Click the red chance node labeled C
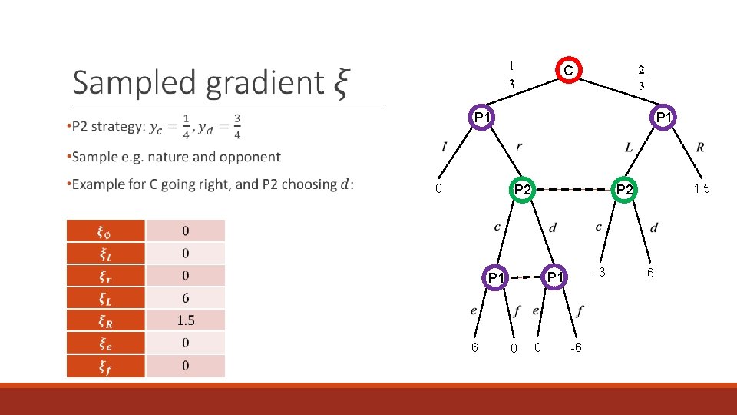click(567, 71)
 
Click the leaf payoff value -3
click(603, 273)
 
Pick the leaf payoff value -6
click(576, 348)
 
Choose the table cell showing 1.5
click(186, 320)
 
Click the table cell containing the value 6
click(186, 298)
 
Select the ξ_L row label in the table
click(106, 298)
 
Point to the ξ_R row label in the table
click(106, 320)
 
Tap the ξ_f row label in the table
click(106, 366)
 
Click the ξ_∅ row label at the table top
click(106, 231)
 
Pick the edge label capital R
click(700, 147)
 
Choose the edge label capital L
click(629, 147)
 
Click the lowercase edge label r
click(520, 146)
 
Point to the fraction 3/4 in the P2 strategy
click(237, 126)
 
